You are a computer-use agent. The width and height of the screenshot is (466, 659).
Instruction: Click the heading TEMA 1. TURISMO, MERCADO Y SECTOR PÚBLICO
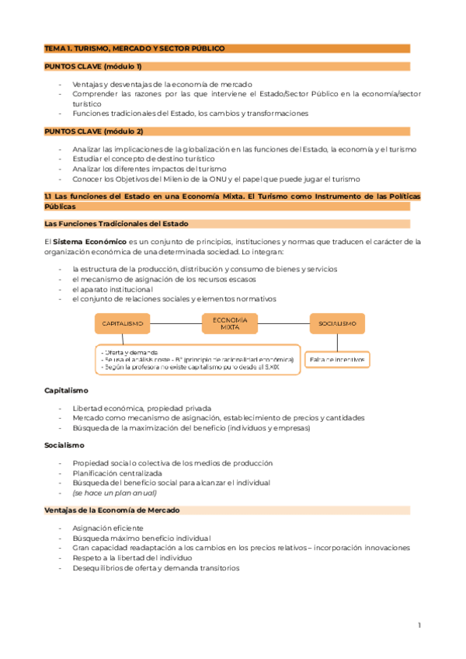[x=134, y=48]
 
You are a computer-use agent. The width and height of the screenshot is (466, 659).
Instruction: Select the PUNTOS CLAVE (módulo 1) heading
[x=93, y=67]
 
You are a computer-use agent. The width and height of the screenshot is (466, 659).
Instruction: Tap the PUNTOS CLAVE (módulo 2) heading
[x=93, y=131]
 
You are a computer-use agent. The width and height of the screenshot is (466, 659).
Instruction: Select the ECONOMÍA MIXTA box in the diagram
[x=229, y=323]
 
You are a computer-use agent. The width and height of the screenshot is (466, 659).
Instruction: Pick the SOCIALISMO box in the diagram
[x=336, y=323]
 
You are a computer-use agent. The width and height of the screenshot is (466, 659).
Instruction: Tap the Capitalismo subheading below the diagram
[x=66, y=390]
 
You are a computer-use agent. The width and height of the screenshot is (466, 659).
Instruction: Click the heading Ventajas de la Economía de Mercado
[x=112, y=510]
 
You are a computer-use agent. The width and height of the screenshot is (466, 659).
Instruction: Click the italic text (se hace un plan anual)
[x=114, y=493]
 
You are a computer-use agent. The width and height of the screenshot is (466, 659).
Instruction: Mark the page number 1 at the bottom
[x=419, y=625]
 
